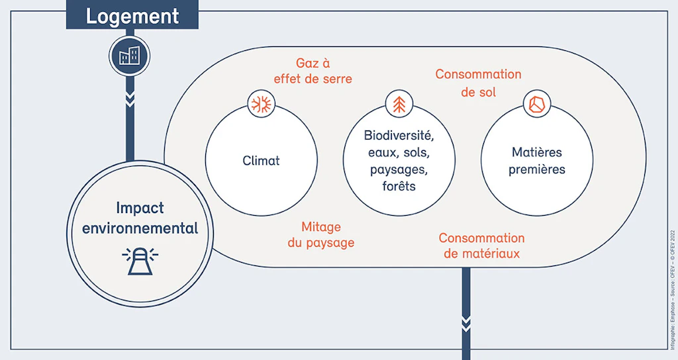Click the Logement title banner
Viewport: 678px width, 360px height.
click(132, 16)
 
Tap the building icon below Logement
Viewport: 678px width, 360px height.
click(129, 56)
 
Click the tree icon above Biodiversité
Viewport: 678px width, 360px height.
click(399, 104)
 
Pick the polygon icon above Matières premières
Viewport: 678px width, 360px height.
click(537, 104)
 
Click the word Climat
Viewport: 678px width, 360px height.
click(261, 161)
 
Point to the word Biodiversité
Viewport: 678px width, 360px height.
click(399, 136)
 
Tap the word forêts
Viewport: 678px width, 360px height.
click(399, 186)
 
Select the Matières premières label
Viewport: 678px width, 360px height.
click(537, 161)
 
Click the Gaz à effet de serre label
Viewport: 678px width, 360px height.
click(313, 71)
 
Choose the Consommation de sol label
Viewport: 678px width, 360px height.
click(478, 83)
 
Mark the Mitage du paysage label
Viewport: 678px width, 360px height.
click(321, 235)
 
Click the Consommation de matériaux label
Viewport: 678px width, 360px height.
click(481, 246)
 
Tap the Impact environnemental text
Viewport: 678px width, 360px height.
click(140, 218)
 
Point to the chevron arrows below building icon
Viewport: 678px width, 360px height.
click(130, 99)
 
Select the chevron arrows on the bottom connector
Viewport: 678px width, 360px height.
click(466, 324)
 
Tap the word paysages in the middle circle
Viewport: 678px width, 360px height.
click(399, 169)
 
